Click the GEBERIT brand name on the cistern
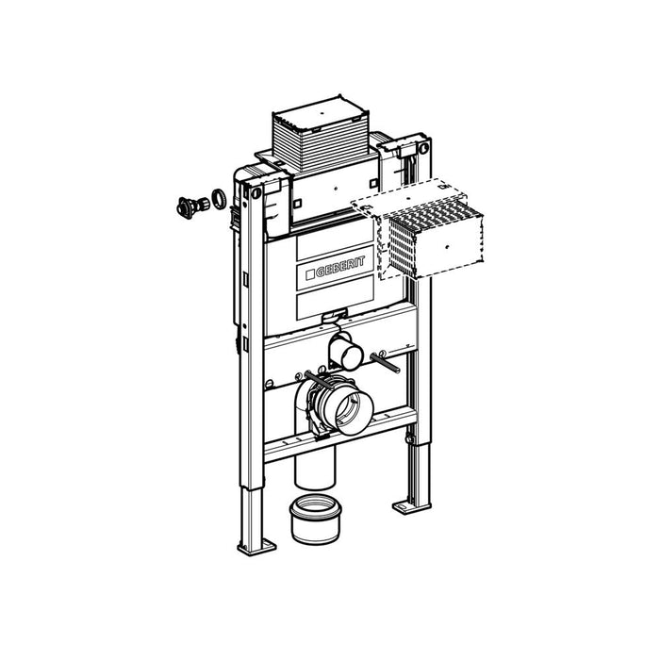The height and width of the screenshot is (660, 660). coord(340,267)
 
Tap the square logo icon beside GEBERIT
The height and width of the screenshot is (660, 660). coord(310,274)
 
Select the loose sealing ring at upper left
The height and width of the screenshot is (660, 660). coord(219,199)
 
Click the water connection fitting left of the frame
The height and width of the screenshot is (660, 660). coord(192,207)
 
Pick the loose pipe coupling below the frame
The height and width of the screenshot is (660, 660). coord(316,520)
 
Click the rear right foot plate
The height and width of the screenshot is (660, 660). coord(411,507)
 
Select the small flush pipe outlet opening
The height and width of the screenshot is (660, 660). coord(353,357)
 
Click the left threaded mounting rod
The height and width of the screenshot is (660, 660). coord(320,380)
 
